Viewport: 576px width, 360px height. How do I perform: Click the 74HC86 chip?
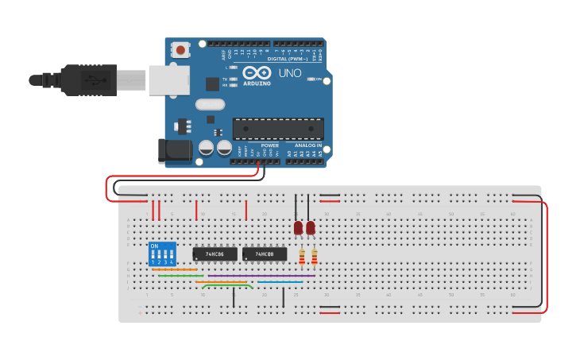click(x=215, y=254)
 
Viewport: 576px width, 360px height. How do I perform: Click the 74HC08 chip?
click(x=265, y=254)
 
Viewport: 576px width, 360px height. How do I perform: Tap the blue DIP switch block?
click(x=162, y=254)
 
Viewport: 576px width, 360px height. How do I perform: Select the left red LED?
click(x=298, y=228)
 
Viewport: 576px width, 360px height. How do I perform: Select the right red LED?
click(x=311, y=228)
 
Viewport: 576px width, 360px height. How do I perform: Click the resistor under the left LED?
click(x=302, y=256)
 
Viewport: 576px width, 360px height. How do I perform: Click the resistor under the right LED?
click(x=315, y=256)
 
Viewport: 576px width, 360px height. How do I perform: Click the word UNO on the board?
click(x=290, y=73)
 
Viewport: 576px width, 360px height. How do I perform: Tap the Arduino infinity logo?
click(x=263, y=72)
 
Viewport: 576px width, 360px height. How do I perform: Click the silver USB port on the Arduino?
click(x=168, y=79)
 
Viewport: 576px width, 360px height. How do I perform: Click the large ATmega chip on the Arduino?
click(x=278, y=129)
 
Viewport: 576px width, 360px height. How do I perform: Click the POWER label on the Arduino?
click(x=269, y=145)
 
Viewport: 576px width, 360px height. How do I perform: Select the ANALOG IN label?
click(x=308, y=145)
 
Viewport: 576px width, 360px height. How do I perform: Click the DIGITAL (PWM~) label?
click(x=289, y=59)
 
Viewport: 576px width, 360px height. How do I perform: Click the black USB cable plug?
click(x=87, y=79)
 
